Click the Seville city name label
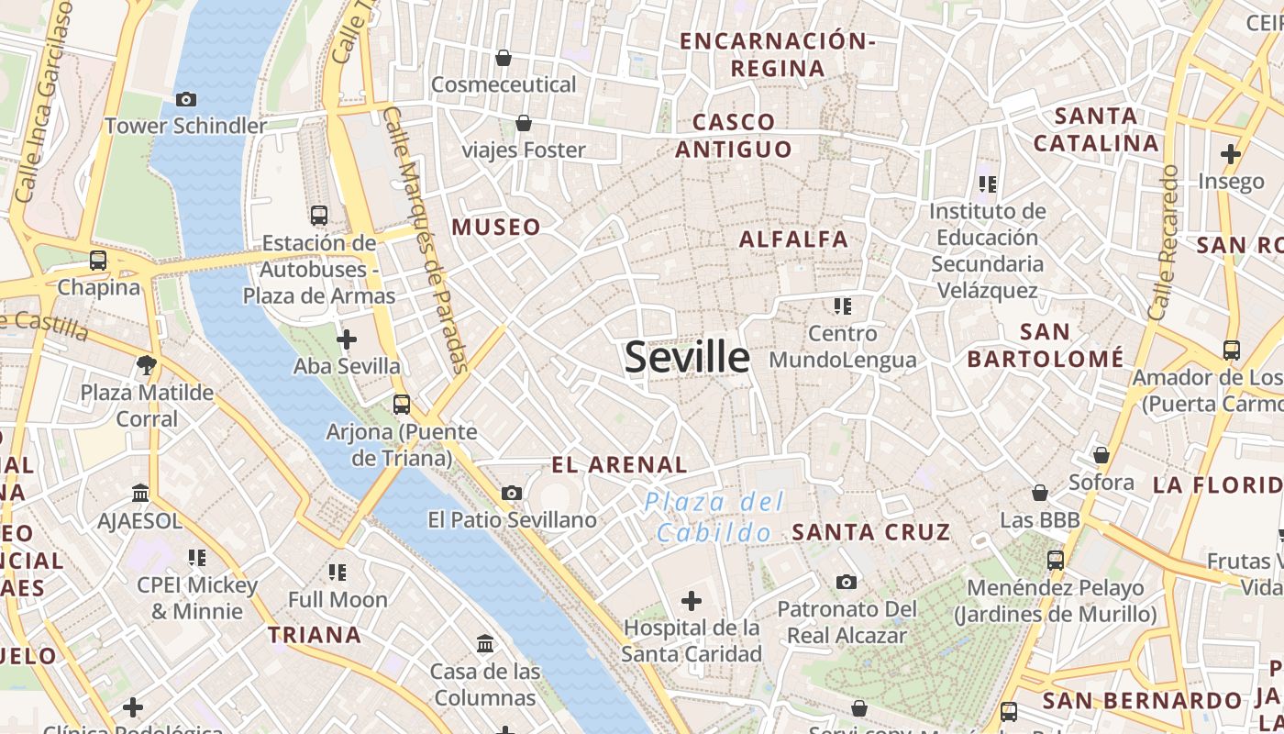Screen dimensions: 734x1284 687,356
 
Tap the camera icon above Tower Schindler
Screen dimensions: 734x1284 186,99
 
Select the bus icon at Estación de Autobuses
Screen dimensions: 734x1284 319,216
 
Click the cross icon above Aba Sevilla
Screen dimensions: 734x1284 347,340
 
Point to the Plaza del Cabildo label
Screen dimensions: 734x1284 714,517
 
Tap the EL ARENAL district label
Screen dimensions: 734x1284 619,465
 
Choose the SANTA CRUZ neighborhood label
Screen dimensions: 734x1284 870,532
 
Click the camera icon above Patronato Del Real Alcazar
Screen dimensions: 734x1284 847,582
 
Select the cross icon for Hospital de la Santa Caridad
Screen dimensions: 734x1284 692,602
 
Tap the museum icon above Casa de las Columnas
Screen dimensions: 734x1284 485,644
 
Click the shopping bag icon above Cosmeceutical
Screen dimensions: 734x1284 503,59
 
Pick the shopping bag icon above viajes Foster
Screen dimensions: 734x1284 524,123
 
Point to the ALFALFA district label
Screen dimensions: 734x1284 793,239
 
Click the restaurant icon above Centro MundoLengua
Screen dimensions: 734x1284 842,306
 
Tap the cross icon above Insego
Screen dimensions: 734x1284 1231,153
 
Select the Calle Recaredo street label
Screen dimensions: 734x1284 1163,242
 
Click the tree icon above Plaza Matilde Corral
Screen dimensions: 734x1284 147,365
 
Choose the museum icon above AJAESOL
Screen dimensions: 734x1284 140,494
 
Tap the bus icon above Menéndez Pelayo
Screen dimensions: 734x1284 1056,560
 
